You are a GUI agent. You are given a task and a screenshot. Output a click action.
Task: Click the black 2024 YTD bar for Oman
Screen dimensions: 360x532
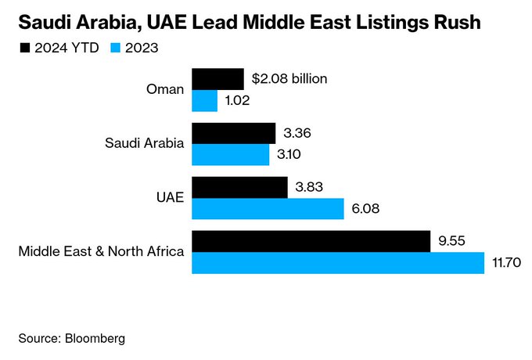click(x=217, y=79)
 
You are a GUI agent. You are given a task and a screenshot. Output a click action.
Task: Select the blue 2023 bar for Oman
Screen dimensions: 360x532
click(x=204, y=101)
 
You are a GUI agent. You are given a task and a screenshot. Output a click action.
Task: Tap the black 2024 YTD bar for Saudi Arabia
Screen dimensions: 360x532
click(x=233, y=133)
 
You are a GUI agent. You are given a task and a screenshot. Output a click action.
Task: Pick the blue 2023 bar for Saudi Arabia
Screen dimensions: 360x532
click(x=230, y=155)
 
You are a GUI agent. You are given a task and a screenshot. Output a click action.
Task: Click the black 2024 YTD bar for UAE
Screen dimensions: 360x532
click(x=239, y=187)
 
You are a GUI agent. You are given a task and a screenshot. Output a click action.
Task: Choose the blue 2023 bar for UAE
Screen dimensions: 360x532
click(x=268, y=209)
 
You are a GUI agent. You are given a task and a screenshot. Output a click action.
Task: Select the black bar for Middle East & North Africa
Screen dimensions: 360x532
click(x=311, y=241)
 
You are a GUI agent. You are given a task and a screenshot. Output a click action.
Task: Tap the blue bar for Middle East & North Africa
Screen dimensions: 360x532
click(x=338, y=263)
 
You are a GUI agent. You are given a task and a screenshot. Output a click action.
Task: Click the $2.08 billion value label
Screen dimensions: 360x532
click(x=289, y=79)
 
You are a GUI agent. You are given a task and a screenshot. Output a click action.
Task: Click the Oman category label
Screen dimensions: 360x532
click(x=165, y=89)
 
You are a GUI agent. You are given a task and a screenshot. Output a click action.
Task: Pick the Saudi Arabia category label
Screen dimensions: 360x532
click(x=145, y=143)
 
